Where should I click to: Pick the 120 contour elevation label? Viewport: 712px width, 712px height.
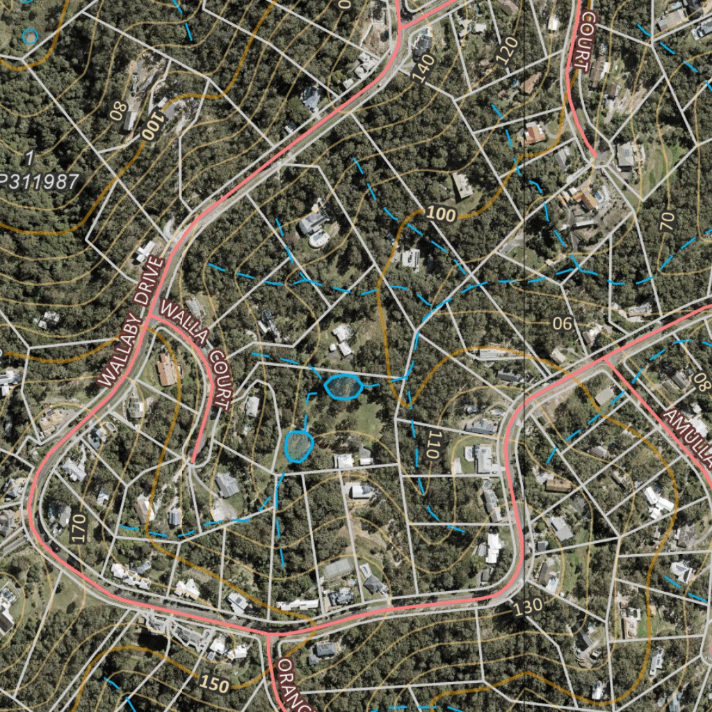[x=508, y=50]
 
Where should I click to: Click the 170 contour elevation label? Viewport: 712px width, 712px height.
[x=79, y=528]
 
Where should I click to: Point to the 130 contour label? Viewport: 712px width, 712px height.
[x=528, y=606]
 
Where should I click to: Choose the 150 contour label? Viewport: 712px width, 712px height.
[x=213, y=684]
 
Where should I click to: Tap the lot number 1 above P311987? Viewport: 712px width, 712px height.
[x=29, y=156]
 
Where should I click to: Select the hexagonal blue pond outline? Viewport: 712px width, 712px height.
[x=343, y=386]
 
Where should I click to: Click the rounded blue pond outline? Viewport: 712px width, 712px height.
[x=299, y=445]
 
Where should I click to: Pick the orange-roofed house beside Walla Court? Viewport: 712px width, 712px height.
[x=167, y=370]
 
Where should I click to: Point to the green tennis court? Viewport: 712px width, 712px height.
[x=339, y=569]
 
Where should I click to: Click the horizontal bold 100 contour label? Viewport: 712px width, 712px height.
[x=440, y=213]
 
